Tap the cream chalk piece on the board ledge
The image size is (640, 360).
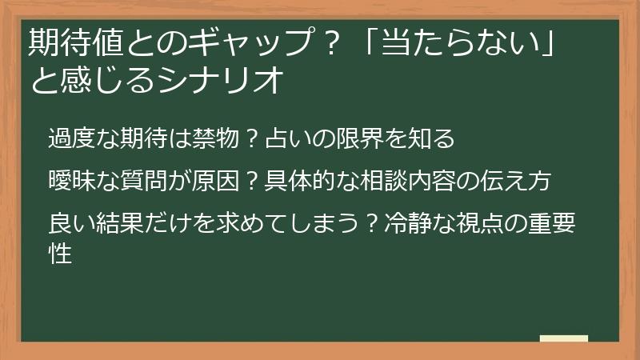(x=563, y=338)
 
